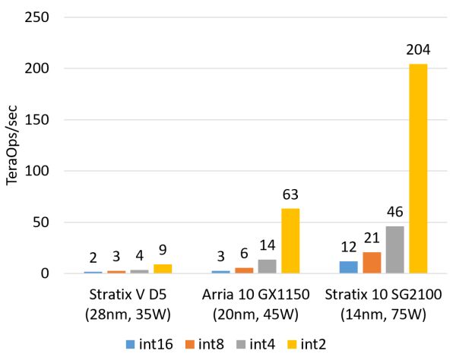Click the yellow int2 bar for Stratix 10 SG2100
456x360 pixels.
click(x=418, y=169)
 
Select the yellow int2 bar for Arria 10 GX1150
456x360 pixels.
click(x=290, y=241)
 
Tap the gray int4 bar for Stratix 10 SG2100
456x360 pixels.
click(x=394, y=250)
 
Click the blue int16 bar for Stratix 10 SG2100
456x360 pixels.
click(x=348, y=267)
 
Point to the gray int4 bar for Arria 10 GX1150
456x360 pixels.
click(x=267, y=267)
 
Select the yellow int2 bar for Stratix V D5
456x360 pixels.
click(x=163, y=269)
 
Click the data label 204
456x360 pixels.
click(x=418, y=50)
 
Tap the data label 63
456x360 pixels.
click(x=290, y=195)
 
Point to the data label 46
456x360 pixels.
click(x=394, y=213)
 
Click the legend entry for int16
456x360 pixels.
click(x=152, y=344)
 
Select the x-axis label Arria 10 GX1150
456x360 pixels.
click(x=255, y=294)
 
